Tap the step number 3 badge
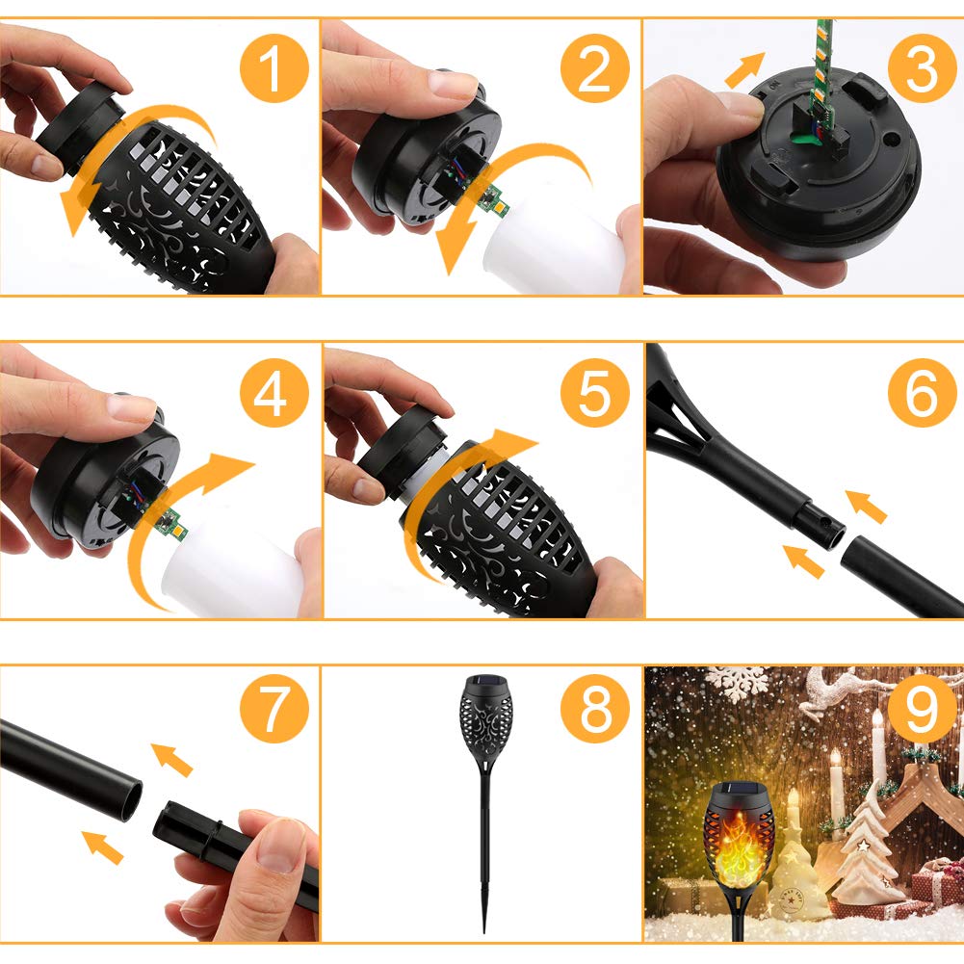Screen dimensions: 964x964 click(920, 70)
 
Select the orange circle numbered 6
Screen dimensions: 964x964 click(920, 393)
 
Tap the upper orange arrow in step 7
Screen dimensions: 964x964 click(171, 758)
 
